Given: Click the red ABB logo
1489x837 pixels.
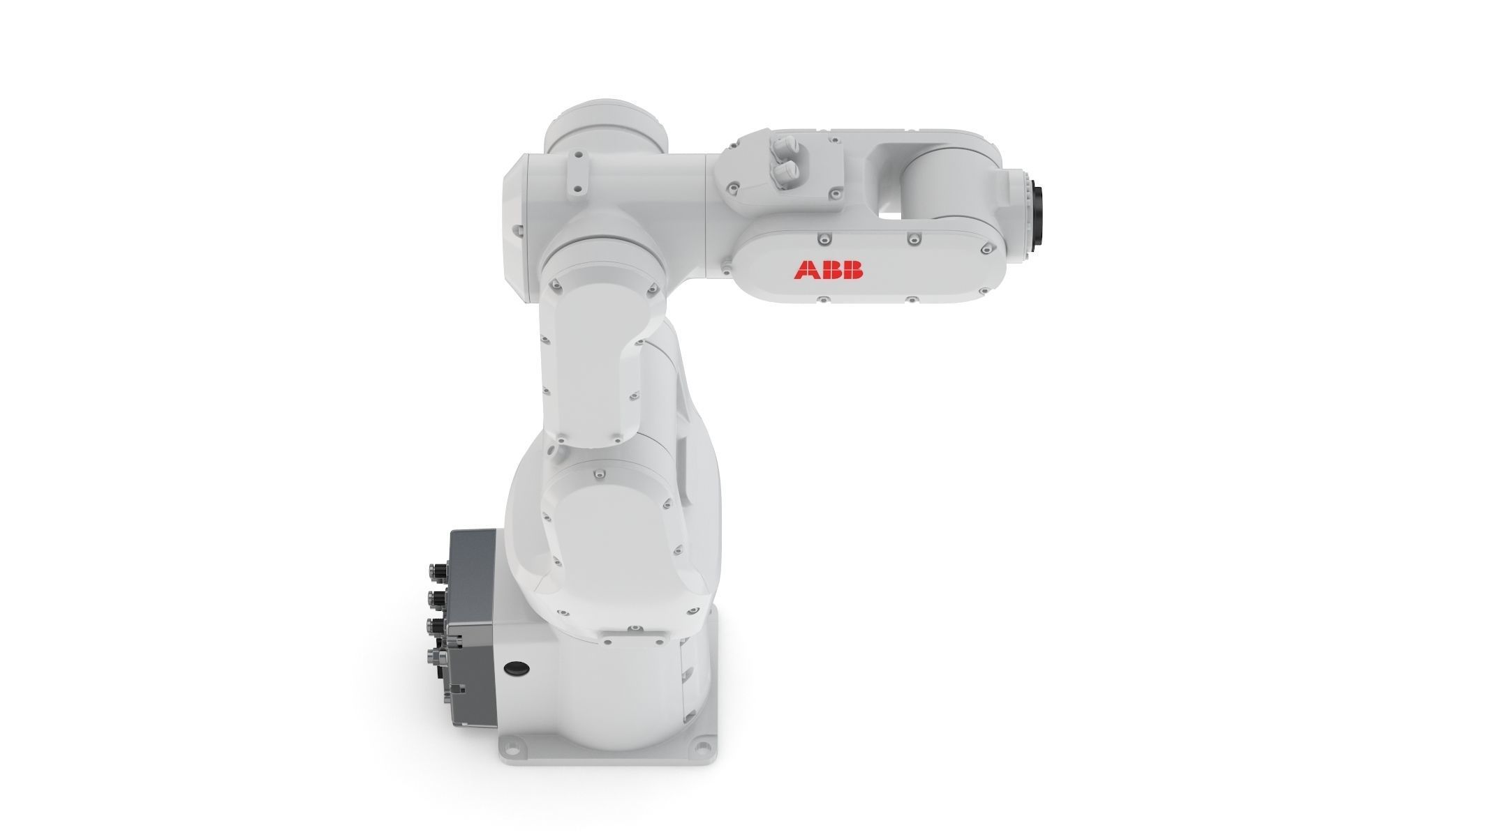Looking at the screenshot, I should tap(828, 270).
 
